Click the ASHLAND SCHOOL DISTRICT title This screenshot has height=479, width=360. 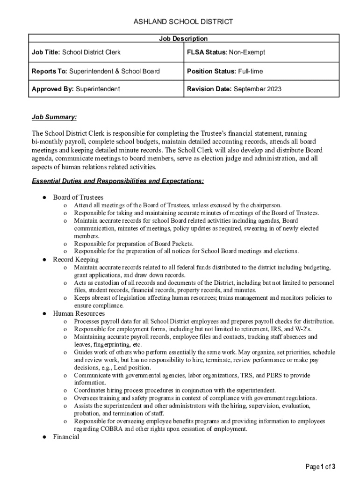click(183, 22)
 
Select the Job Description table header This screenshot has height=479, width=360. click(184, 38)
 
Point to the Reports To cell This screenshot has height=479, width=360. click(95, 71)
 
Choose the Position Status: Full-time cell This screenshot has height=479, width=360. click(225, 71)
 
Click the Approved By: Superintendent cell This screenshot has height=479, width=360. click(75, 89)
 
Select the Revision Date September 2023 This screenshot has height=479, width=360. click(257, 89)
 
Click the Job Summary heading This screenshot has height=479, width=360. click(54, 117)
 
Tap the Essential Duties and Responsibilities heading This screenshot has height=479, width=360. click(117, 181)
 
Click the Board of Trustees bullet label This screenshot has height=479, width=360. click(78, 197)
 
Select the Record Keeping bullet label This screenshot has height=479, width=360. click(76, 259)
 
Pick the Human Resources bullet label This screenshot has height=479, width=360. click(79, 313)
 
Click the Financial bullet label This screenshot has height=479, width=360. click(66, 437)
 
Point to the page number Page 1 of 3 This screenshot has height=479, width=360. click(320, 466)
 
